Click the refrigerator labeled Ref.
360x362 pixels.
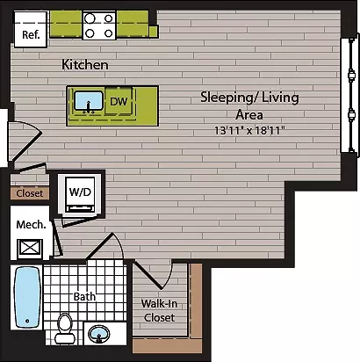(x=31, y=29)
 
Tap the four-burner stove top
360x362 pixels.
(x=99, y=25)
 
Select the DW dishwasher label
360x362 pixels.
(x=119, y=101)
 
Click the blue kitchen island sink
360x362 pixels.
(x=89, y=101)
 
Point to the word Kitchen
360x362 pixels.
(x=85, y=65)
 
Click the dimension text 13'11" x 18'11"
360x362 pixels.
(x=249, y=130)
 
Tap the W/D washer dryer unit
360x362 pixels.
(x=80, y=194)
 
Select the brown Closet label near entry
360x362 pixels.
(x=30, y=193)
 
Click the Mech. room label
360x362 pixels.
(x=31, y=225)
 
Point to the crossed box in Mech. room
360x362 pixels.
(x=30, y=249)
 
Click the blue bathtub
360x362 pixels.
(x=27, y=297)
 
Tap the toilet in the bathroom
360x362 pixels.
(x=64, y=328)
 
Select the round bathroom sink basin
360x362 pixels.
(x=99, y=334)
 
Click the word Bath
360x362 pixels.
(x=84, y=296)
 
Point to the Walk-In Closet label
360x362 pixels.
(x=160, y=310)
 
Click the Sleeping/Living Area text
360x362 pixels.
(x=249, y=105)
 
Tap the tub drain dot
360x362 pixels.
(x=27, y=321)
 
